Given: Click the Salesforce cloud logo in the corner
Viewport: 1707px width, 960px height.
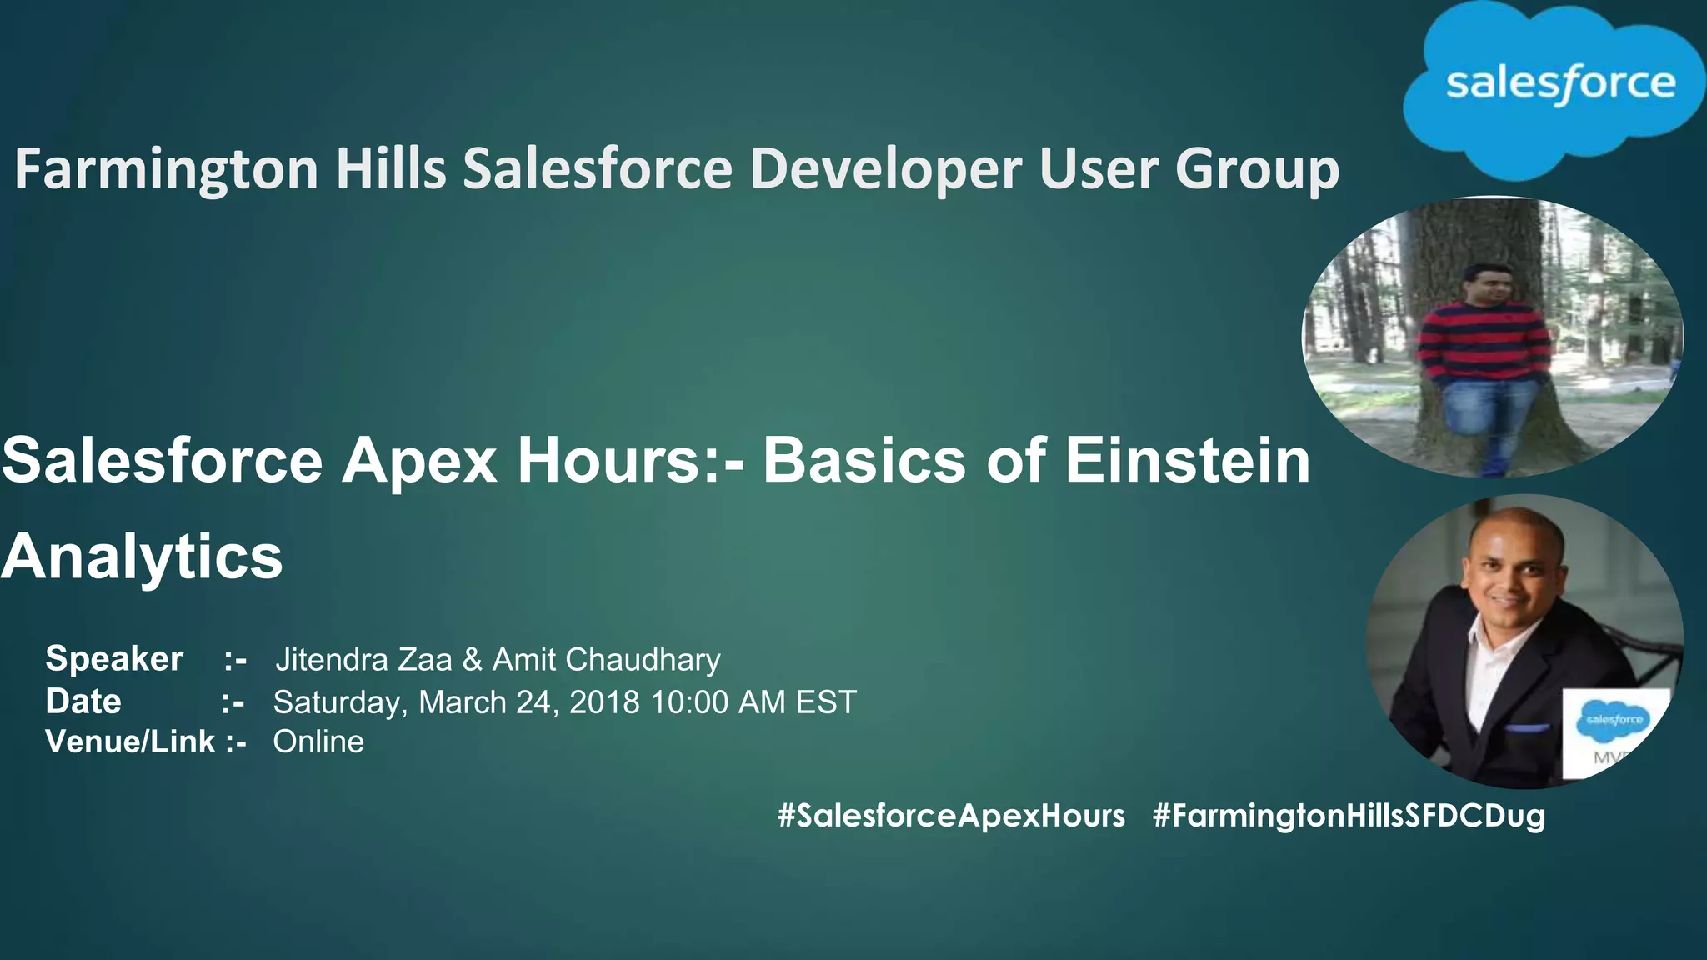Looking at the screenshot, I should tap(1555, 87).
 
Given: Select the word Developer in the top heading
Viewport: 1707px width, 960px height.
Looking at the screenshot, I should tap(886, 169).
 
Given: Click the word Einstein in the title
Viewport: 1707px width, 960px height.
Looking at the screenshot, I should tap(1188, 461).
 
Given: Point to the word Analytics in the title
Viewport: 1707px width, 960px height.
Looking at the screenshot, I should tap(142, 557).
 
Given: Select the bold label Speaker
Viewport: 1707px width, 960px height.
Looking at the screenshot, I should tap(114, 659).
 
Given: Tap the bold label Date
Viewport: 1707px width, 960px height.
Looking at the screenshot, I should tap(83, 702).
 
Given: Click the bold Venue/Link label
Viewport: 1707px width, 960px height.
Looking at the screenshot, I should tap(131, 742).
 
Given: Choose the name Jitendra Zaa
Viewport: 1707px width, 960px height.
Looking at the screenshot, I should tap(363, 660).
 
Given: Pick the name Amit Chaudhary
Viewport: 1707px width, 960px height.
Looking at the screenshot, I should tap(606, 660).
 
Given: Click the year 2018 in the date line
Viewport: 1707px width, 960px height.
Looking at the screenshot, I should tap(604, 702).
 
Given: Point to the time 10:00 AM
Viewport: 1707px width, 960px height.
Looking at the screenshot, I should tap(718, 702).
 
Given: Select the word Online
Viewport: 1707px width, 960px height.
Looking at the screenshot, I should tap(318, 742).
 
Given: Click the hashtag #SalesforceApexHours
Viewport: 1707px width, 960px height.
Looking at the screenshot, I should tap(951, 815).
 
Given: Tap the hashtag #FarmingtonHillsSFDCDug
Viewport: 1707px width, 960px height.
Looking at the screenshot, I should tap(1349, 815).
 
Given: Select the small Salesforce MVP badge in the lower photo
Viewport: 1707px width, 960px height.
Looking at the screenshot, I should tap(1615, 732).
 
